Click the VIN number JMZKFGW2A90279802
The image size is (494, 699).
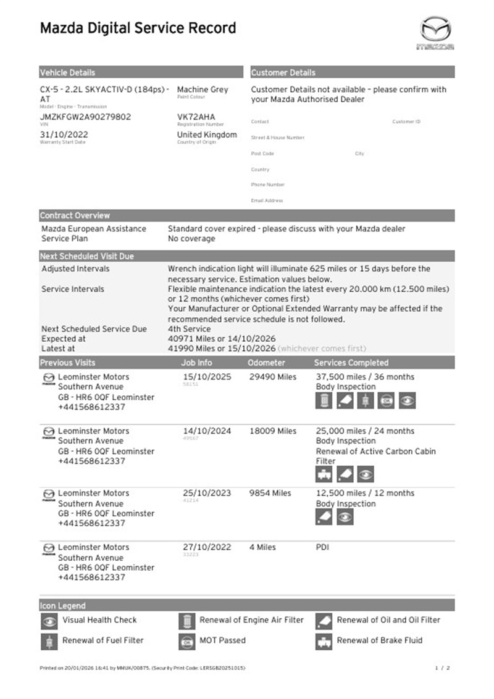pyautogui.click(x=85, y=117)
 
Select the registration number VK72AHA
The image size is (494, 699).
pyautogui.click(x=196, y=117)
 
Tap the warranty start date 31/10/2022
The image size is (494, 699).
pyautogui.click(x=64, y=134)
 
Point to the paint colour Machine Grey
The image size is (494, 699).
pyautogui.click(x=203, y=89)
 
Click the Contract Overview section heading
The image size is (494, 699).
pyautogui.click(x=75, y=216)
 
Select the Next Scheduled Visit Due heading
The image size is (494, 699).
pyautogui.click(x=86, y=256)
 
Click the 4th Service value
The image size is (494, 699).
pyautogui.click(x=189, y=329)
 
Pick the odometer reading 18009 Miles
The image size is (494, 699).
pyautogui.click(x=272, y=431)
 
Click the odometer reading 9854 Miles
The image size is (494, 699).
pyautogui.click(x=270, y=494)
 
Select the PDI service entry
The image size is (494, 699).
pyautogui.click(x=323, y=547)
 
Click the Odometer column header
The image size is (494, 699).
pyautogui.click(x=266, y=363)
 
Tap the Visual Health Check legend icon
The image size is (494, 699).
pyautogui.click(x=49, y=621)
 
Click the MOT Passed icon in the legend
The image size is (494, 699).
pyautogui.click(x=186, y=642)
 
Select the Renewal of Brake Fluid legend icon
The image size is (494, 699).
pyautogui.click(x=324, y=642)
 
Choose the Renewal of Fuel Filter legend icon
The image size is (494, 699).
pyautogui.click(x=49, y=642)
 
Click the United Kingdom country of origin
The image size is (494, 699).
pyautogui.click(x=207, y=134)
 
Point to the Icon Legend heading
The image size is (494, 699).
pyautogui.click(x=62, y=605)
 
